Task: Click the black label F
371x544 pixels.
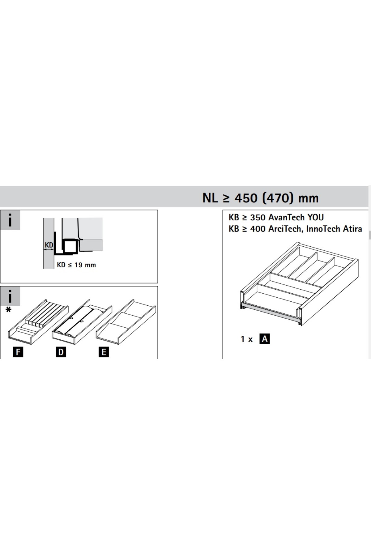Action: [18, 352]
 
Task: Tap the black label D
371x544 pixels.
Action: [61, 352]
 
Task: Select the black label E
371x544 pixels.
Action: [104, 352]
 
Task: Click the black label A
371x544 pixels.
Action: [265, 339]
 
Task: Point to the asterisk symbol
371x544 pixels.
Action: [8, 310]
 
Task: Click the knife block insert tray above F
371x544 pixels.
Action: [38, 321]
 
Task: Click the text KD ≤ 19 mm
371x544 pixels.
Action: [76, 265]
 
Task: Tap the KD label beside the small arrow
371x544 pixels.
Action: [49, 245]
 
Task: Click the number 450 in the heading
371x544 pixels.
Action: [246, 198]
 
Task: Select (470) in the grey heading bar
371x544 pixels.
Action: [277, 198]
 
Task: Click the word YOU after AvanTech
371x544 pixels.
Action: [315, 217]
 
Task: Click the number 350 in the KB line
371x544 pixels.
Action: [258, 217]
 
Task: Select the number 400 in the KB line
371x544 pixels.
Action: [258, 229]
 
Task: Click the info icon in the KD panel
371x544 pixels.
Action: [10, 220]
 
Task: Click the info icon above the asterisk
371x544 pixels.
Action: [10, 296]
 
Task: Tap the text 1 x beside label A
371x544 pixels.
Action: [247, 339]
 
